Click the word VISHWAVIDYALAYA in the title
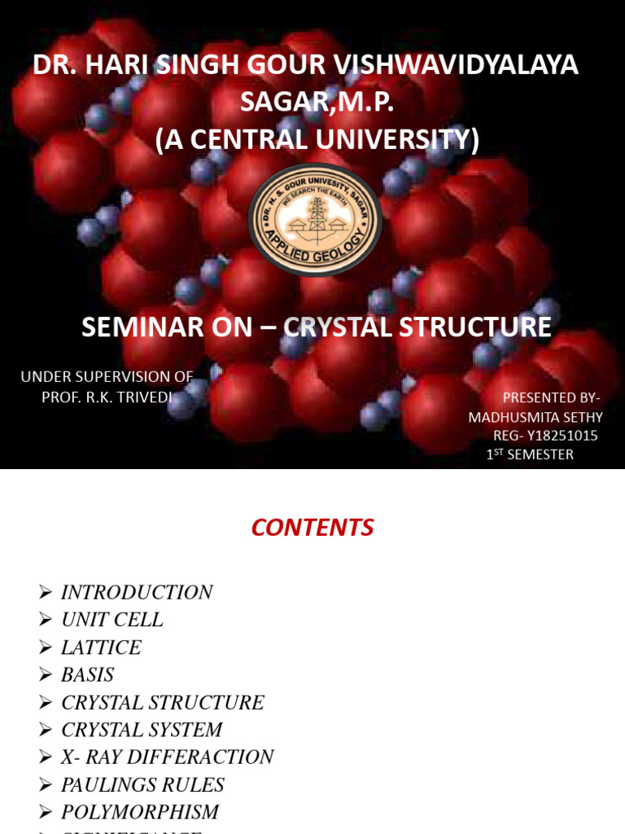coord(455,65)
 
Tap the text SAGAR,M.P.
coord(317,102)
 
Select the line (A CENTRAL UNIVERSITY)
coord(317,139)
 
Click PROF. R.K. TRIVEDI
coord(107,397)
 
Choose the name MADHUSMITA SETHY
coord(535,417)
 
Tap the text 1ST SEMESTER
coord(530,454)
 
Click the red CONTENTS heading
coord(312,528)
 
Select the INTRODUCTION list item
coord(137,592)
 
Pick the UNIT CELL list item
coord(112,620)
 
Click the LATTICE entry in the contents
coord(101,647)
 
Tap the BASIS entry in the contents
coord(87,675)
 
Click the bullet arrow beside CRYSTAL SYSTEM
coord(46,730)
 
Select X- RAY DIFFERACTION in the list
coord(167,757)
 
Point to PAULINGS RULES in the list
coord(142,785)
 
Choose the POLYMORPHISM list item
coord(140,812)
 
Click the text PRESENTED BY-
coord(551,397)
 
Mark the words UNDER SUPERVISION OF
coord(107,376)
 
